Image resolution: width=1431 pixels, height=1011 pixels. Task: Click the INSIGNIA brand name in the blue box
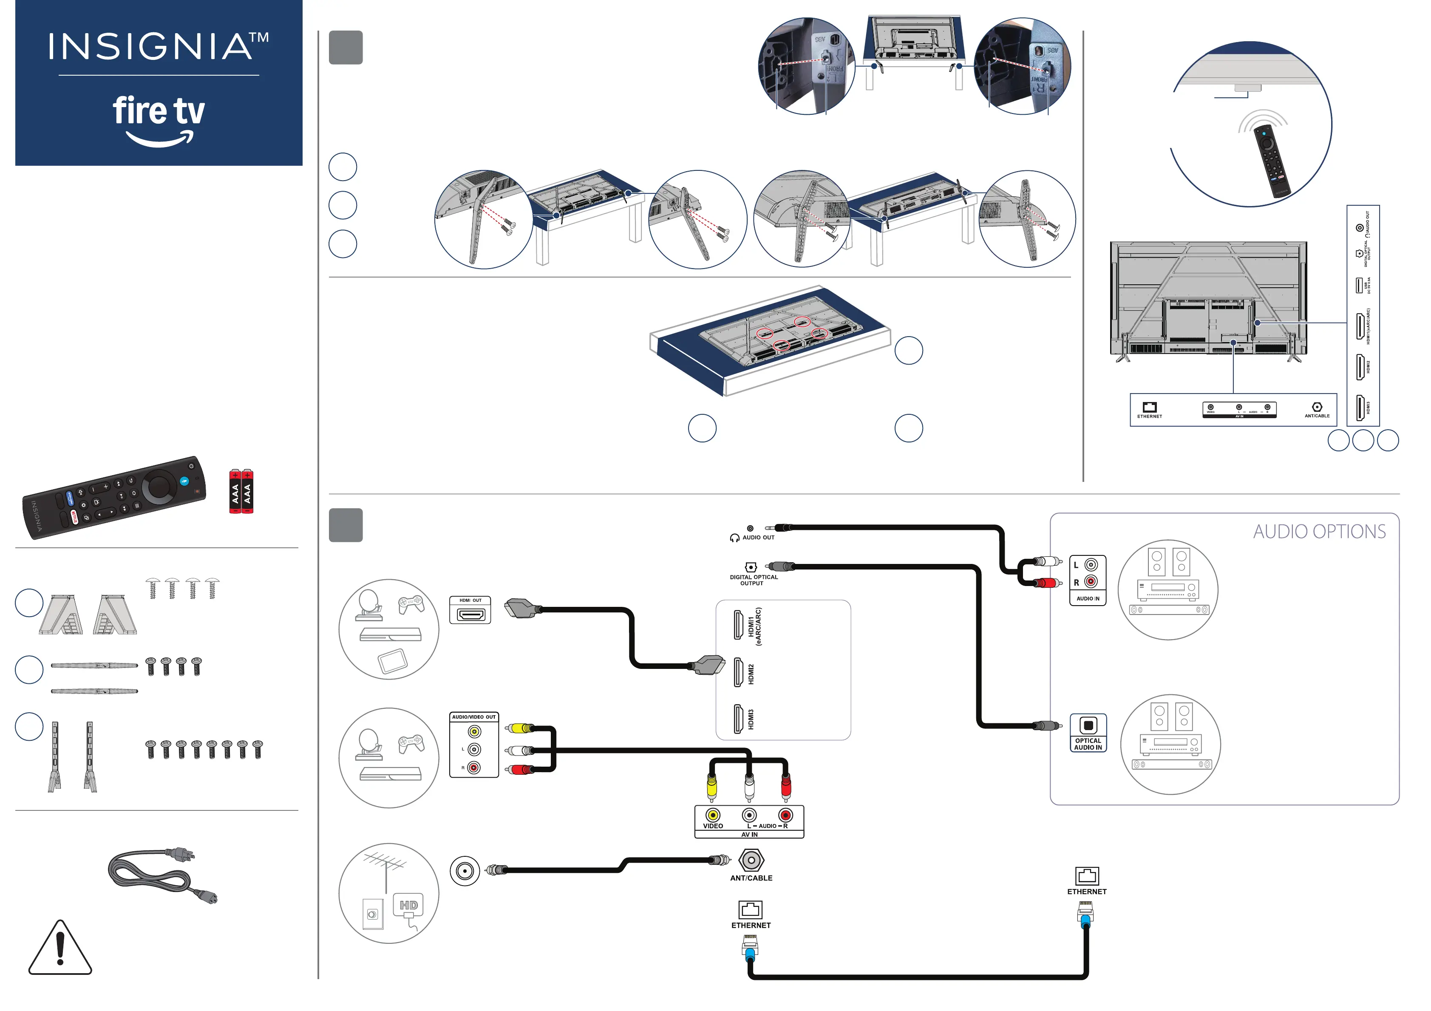150,47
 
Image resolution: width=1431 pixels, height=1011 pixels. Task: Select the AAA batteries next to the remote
241,491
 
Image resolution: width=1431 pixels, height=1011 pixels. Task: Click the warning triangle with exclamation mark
60,948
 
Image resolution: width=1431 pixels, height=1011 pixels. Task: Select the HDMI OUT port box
470,610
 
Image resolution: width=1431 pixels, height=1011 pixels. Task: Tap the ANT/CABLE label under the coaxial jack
751,878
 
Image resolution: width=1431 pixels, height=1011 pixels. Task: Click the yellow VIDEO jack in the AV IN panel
712,815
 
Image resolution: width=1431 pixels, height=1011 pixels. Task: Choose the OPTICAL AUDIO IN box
1088,733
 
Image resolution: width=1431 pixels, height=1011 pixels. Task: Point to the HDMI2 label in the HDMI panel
751,674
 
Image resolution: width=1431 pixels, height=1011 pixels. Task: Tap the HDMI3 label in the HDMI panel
751,719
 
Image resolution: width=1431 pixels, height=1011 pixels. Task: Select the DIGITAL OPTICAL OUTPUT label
754,581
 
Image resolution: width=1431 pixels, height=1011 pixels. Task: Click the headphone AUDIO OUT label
758,537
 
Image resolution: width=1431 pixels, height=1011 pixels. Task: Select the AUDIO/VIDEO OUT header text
474,717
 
